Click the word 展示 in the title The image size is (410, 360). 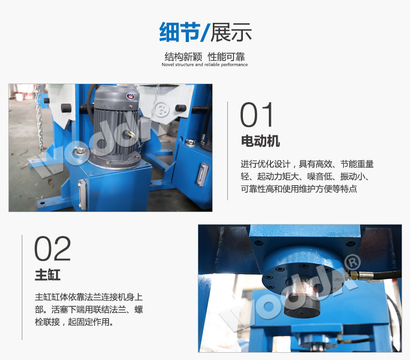(x=231, y=32)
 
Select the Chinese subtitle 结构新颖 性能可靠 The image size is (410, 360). (x=204, y=57)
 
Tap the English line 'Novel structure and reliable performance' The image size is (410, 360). (x=204, y=65)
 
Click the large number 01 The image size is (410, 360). (x=256, y=115)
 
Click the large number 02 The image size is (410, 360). (x=52, y=248)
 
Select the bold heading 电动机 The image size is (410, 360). (x=260, y=141)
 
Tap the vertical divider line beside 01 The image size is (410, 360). (x=228, y=150)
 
